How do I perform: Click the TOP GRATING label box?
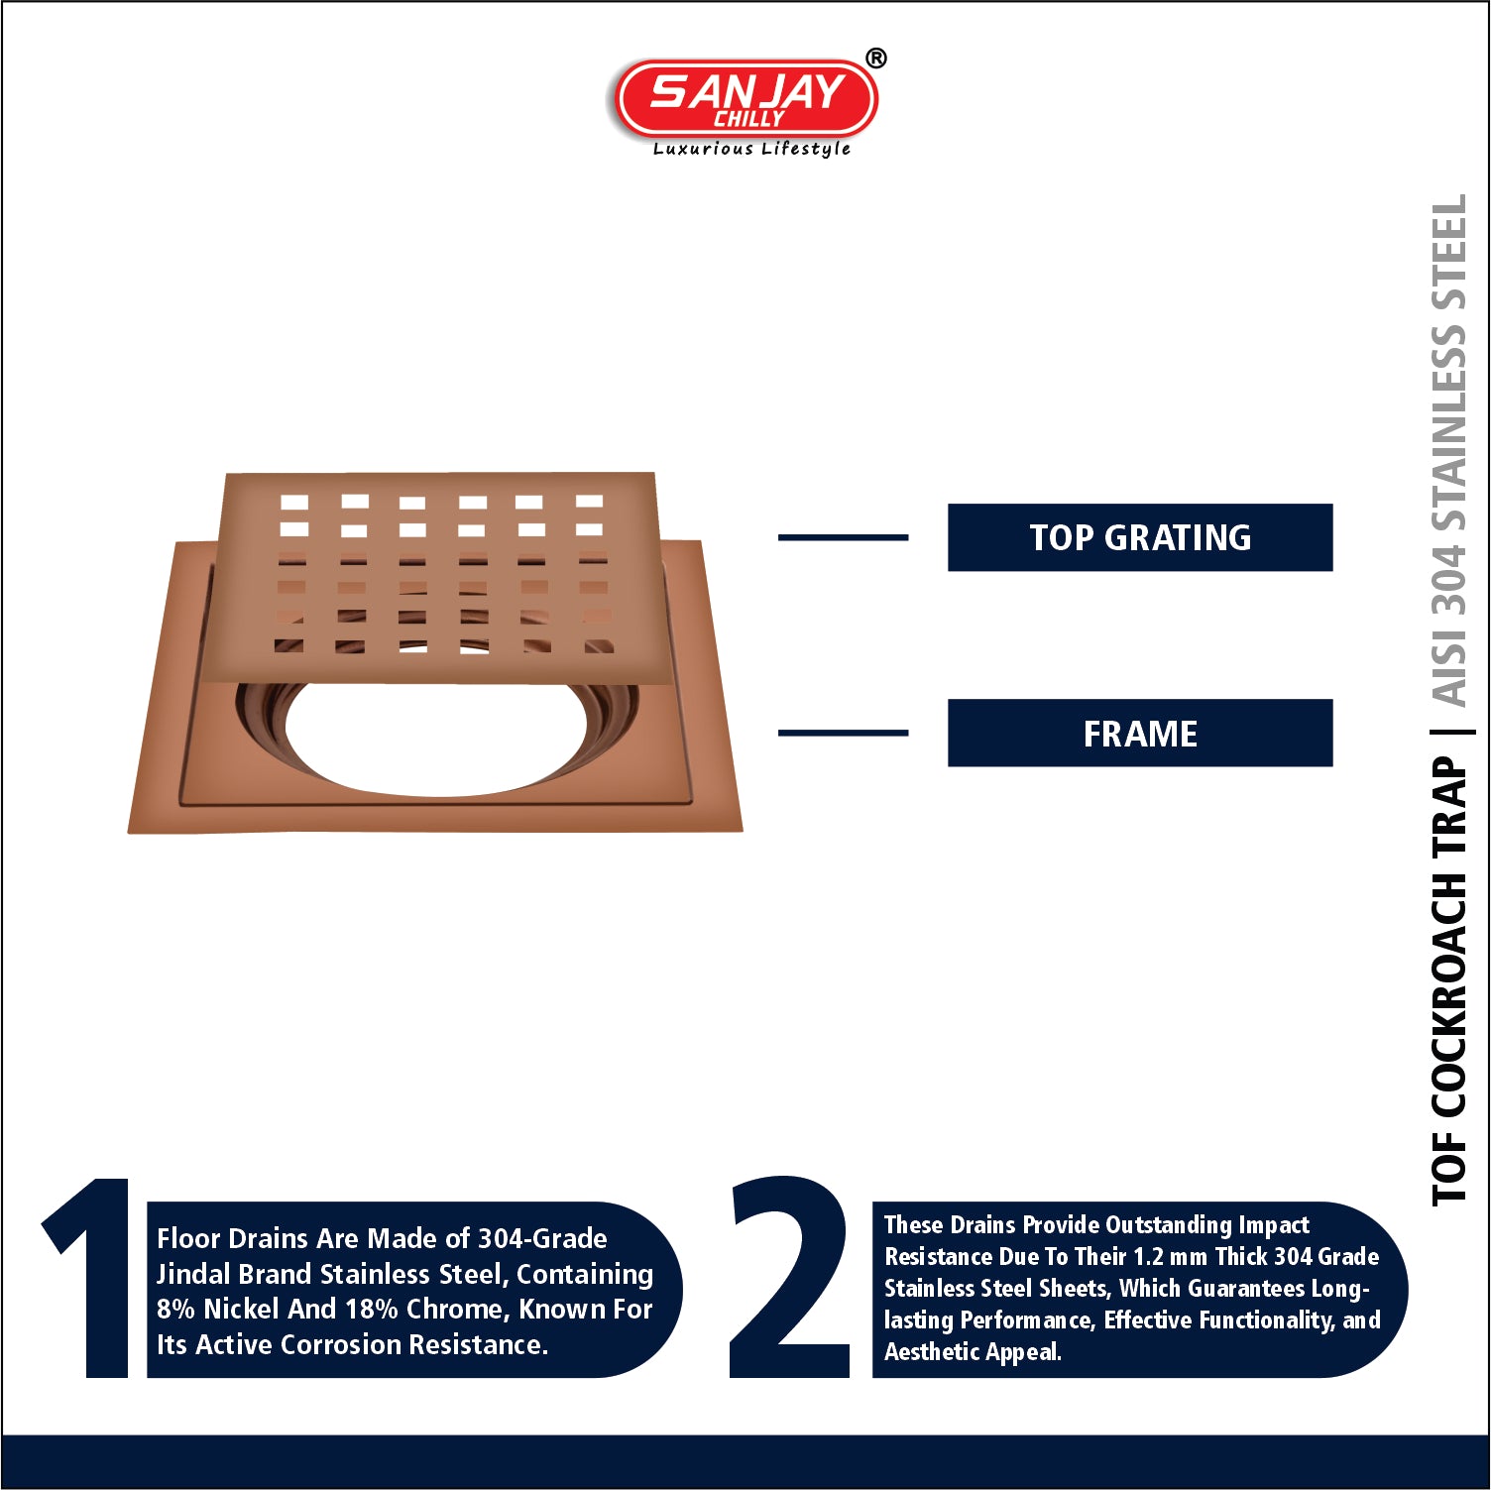1140,537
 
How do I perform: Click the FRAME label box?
1140,733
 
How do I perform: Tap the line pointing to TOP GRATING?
843,537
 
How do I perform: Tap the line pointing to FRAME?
843,733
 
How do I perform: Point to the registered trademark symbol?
876,58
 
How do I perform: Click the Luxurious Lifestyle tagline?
751,149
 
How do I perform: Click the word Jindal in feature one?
192,1274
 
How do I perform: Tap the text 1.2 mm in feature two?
1171,1256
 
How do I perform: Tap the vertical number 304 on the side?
1448,579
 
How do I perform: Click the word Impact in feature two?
1274,1225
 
